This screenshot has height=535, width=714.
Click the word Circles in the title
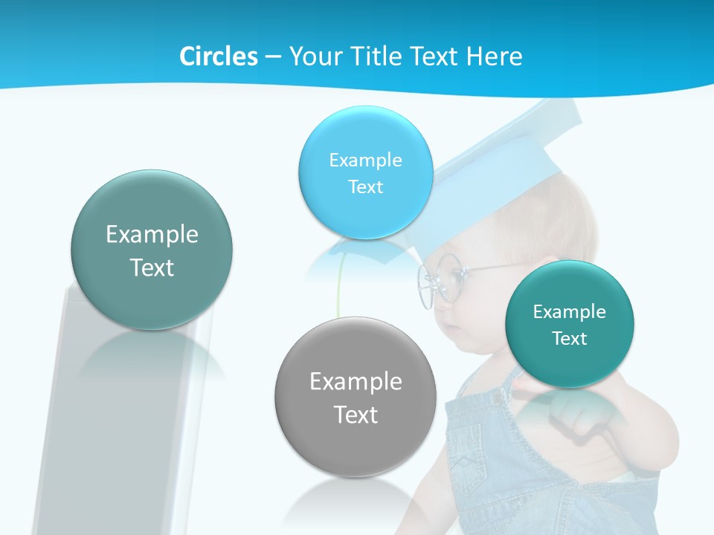pyautogui.click(x=219, y=56)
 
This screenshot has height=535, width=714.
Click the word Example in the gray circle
pyautogui.click(x=356, y=382)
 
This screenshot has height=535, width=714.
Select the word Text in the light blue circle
pyautogui.click(x=365, y=187)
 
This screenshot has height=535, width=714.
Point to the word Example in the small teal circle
pyautogui.click(x=570, y=312)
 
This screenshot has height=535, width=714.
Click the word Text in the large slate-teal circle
pyautogui.click(x=152, y=267)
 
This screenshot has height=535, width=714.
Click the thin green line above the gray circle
pyautogui.click(x=339, y=286)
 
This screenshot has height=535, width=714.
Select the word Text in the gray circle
pyautogui.click(x=356, y=415)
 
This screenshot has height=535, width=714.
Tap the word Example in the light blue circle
pyautogui.click(x=365, y=160)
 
